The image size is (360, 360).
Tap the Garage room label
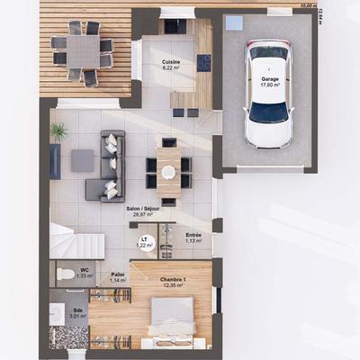point(269,78)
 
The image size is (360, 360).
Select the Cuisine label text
point(171,61)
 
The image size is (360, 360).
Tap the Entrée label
point(193,235)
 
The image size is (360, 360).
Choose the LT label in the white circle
point(144,238)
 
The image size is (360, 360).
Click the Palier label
point(118,274)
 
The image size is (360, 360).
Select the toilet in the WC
point(65,273)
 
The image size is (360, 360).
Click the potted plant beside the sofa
point(58,132)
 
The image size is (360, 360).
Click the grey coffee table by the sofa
point(82,160)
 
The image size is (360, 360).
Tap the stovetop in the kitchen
point(204,63)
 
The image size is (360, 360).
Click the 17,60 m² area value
point(269,85)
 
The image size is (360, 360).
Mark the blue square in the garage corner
point(233,22)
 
